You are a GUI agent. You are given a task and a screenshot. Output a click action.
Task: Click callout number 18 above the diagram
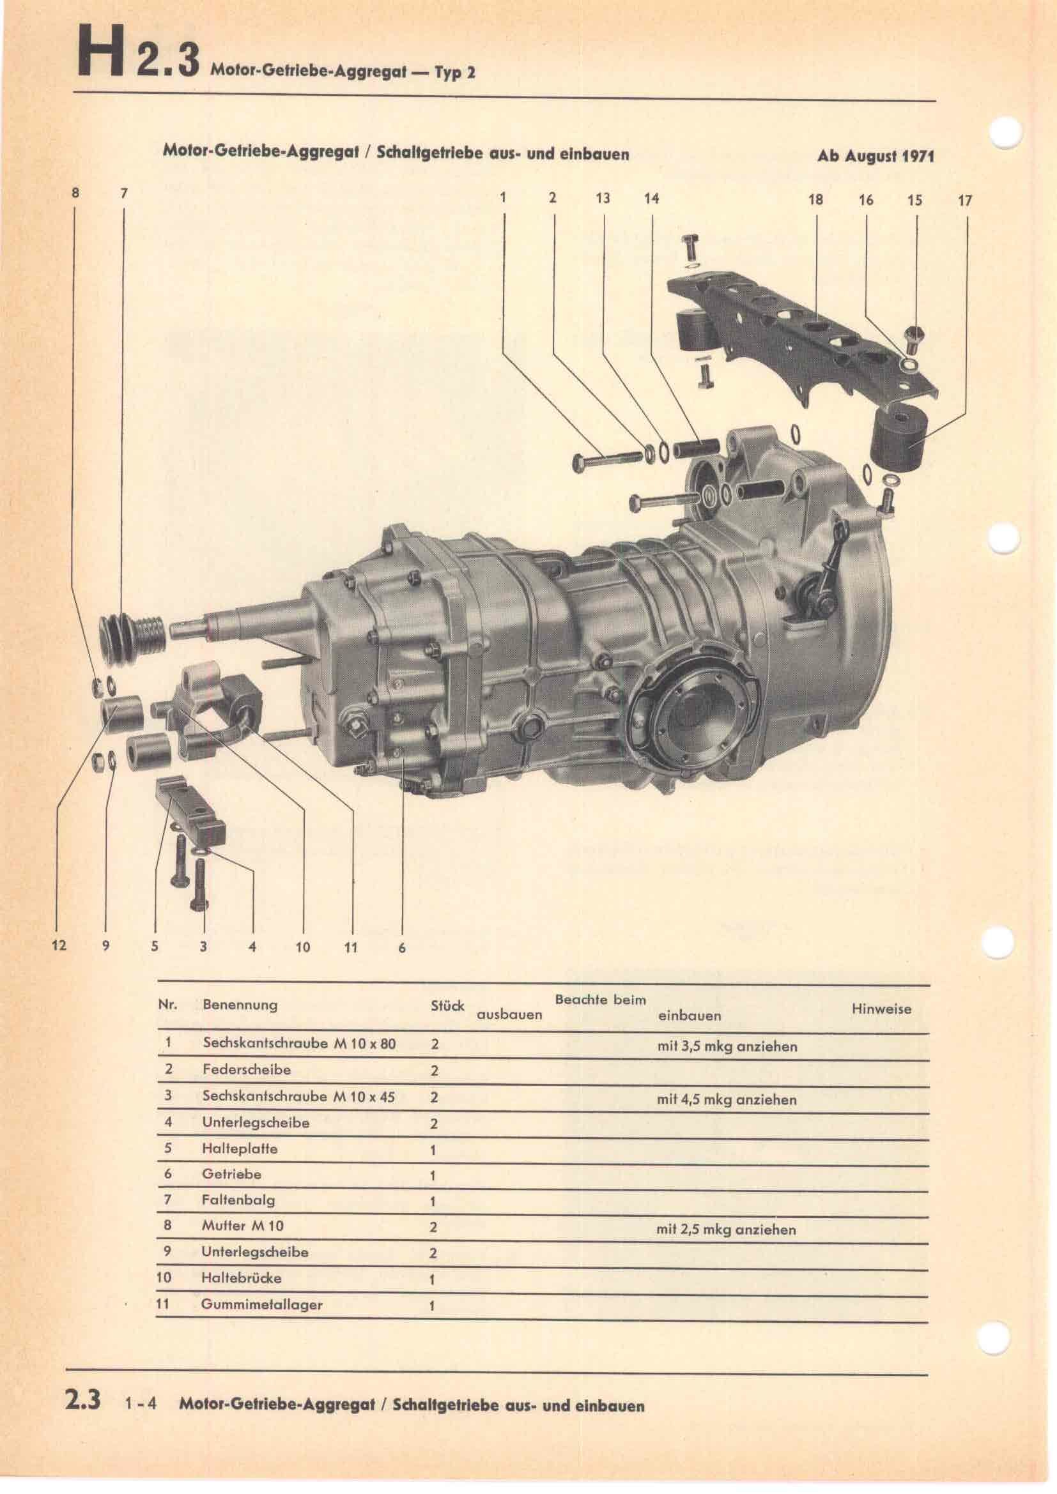point(815,200)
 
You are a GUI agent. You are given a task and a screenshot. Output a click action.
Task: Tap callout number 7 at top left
point(124,194)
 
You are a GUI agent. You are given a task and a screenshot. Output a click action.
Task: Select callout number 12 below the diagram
point(59,945)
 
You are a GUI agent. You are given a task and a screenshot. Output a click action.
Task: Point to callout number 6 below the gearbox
point(401,948)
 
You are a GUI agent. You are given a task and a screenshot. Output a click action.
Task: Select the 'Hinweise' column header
point(881,1009)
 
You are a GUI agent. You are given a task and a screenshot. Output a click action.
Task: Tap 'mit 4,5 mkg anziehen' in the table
point(727,1100)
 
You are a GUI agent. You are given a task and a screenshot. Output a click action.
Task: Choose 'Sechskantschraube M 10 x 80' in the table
point(298,1042)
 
